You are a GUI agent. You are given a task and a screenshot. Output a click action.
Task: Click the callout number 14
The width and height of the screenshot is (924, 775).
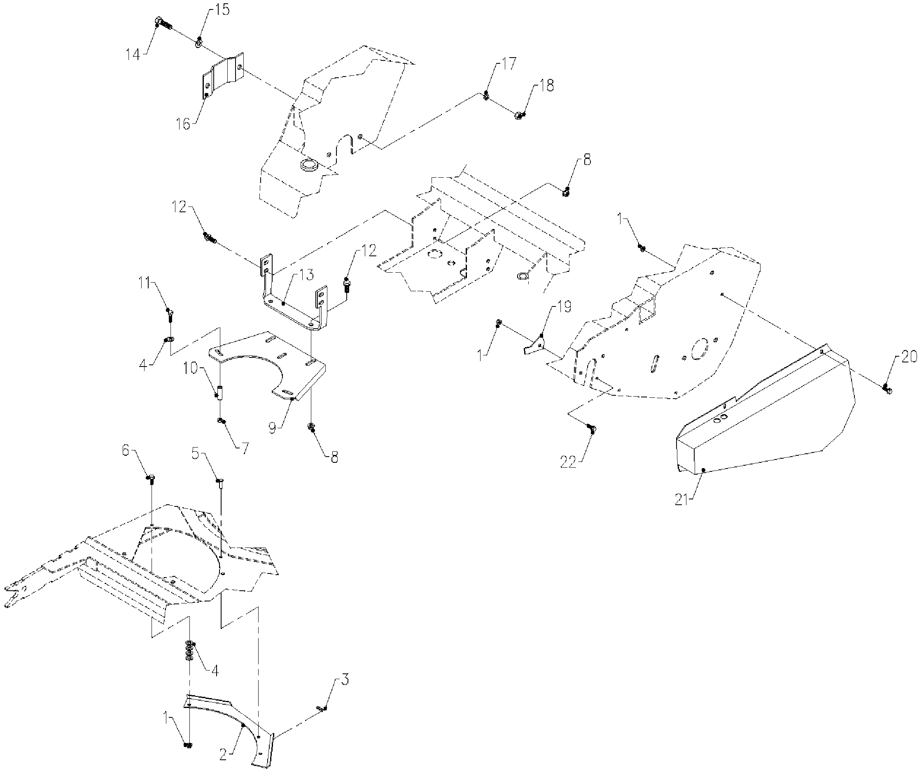click(x=133, y=55)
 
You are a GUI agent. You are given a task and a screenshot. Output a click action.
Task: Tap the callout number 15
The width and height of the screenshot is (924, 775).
click(x=223, y=10)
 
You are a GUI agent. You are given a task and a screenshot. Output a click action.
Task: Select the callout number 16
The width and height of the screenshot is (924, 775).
click(x=183, y=124)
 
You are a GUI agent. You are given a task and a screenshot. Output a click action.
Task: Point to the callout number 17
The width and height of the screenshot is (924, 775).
click(x=509, y=64)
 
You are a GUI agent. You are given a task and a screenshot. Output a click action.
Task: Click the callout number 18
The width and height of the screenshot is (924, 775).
click(x=547, y=86)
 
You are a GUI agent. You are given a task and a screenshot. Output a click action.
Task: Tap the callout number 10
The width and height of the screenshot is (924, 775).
click(x=191, y=369)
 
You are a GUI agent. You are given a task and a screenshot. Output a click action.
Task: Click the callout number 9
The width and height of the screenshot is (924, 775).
click(x=272, y=428)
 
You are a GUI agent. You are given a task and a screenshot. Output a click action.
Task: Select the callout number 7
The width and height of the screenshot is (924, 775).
click(x=245, y=448)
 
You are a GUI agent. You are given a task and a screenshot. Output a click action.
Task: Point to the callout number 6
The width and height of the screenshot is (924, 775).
click(x=126, y=450)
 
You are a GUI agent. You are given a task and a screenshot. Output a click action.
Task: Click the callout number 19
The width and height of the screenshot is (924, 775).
click(x=565, y=307)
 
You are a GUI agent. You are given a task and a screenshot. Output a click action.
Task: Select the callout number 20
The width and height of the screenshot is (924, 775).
click(x=910, y=357)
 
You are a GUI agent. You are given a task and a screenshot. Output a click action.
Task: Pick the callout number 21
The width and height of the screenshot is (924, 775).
click(x=681, y=500)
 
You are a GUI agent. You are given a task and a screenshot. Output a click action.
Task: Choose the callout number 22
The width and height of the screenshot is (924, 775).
click(x=568, y=462)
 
